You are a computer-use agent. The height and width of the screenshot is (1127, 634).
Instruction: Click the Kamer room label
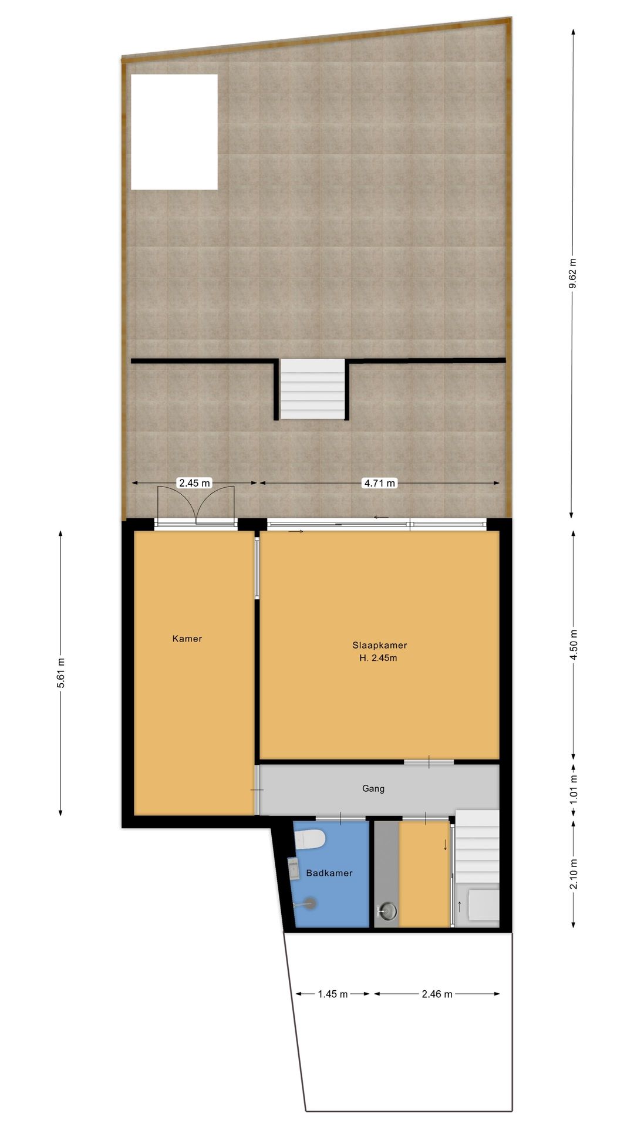pyautogui.click(x=187, y=639)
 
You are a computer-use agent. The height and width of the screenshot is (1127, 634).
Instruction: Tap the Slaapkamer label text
pyautogui.click(x=379, y=645)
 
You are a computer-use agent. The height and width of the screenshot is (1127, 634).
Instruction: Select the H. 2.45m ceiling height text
pyautogui.click(x=378, y=658)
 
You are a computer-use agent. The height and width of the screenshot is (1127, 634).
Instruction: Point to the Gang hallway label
pyautogui.click(x=373, y=789)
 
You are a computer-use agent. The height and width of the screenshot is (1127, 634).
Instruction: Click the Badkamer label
pyautogui.click(x=329, y=873)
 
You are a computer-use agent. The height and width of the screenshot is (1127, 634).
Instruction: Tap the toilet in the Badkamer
pyautogui.click(x=311, y=839)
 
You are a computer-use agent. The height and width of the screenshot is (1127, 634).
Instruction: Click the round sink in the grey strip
pyautogui.click(x=387, y=911)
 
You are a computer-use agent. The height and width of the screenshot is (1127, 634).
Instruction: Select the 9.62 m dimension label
pyautogui.click(x=573, y=274)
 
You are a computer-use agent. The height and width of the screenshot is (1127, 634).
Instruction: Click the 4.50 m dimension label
pyautogui.click(x=573, y=645)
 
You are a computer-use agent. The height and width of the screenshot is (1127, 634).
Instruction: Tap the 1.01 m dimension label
pyautogui.click(x=573, y=789)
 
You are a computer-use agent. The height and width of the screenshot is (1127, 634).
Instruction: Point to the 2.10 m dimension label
pyautogui.click(x=573, y=874)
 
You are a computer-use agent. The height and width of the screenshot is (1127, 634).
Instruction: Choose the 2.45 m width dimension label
pyautogui.click(x=194, y=483)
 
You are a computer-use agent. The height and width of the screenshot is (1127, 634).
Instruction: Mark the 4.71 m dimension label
pyautogui.click(x=379, y=483)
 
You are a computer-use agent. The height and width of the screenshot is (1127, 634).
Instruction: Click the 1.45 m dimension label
pyautogui.click(x=333, y=994)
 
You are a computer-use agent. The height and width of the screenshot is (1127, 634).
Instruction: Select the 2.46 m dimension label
pyautogui.click(x=437, y=994)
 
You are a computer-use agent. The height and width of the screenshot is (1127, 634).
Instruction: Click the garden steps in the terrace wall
pyautogui.click(x=312, y=389)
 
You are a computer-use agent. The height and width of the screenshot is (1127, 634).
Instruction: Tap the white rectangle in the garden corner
pyautogui.click(x=174, y=132)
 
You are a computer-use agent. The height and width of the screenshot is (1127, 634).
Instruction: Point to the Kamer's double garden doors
pyautogui.click(x=196, y=505)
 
